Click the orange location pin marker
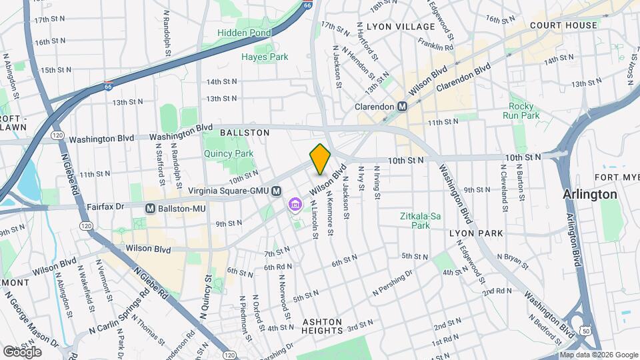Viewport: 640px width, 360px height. (x=320, y=159)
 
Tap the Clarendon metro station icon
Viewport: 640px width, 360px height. (x=403, y=106)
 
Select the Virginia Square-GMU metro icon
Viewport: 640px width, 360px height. (x=277, y=191)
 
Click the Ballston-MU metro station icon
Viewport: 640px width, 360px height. (x=151, y=209)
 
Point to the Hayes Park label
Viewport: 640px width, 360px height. (x=265, y=57)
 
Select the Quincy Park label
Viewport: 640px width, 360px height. (x=229, y=153)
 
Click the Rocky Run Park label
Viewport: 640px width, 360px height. (x=524, y=111)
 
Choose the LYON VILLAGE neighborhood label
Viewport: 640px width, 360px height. (x=400, y=26)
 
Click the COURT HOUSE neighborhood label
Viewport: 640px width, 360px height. (x=563, y=25)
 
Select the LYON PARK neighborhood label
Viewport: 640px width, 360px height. (x=475, y=233)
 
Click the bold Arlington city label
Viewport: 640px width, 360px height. (x=589, y=194)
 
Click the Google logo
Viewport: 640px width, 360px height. (x=22, y=351)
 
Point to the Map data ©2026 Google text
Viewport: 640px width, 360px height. (x=598, y=355)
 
